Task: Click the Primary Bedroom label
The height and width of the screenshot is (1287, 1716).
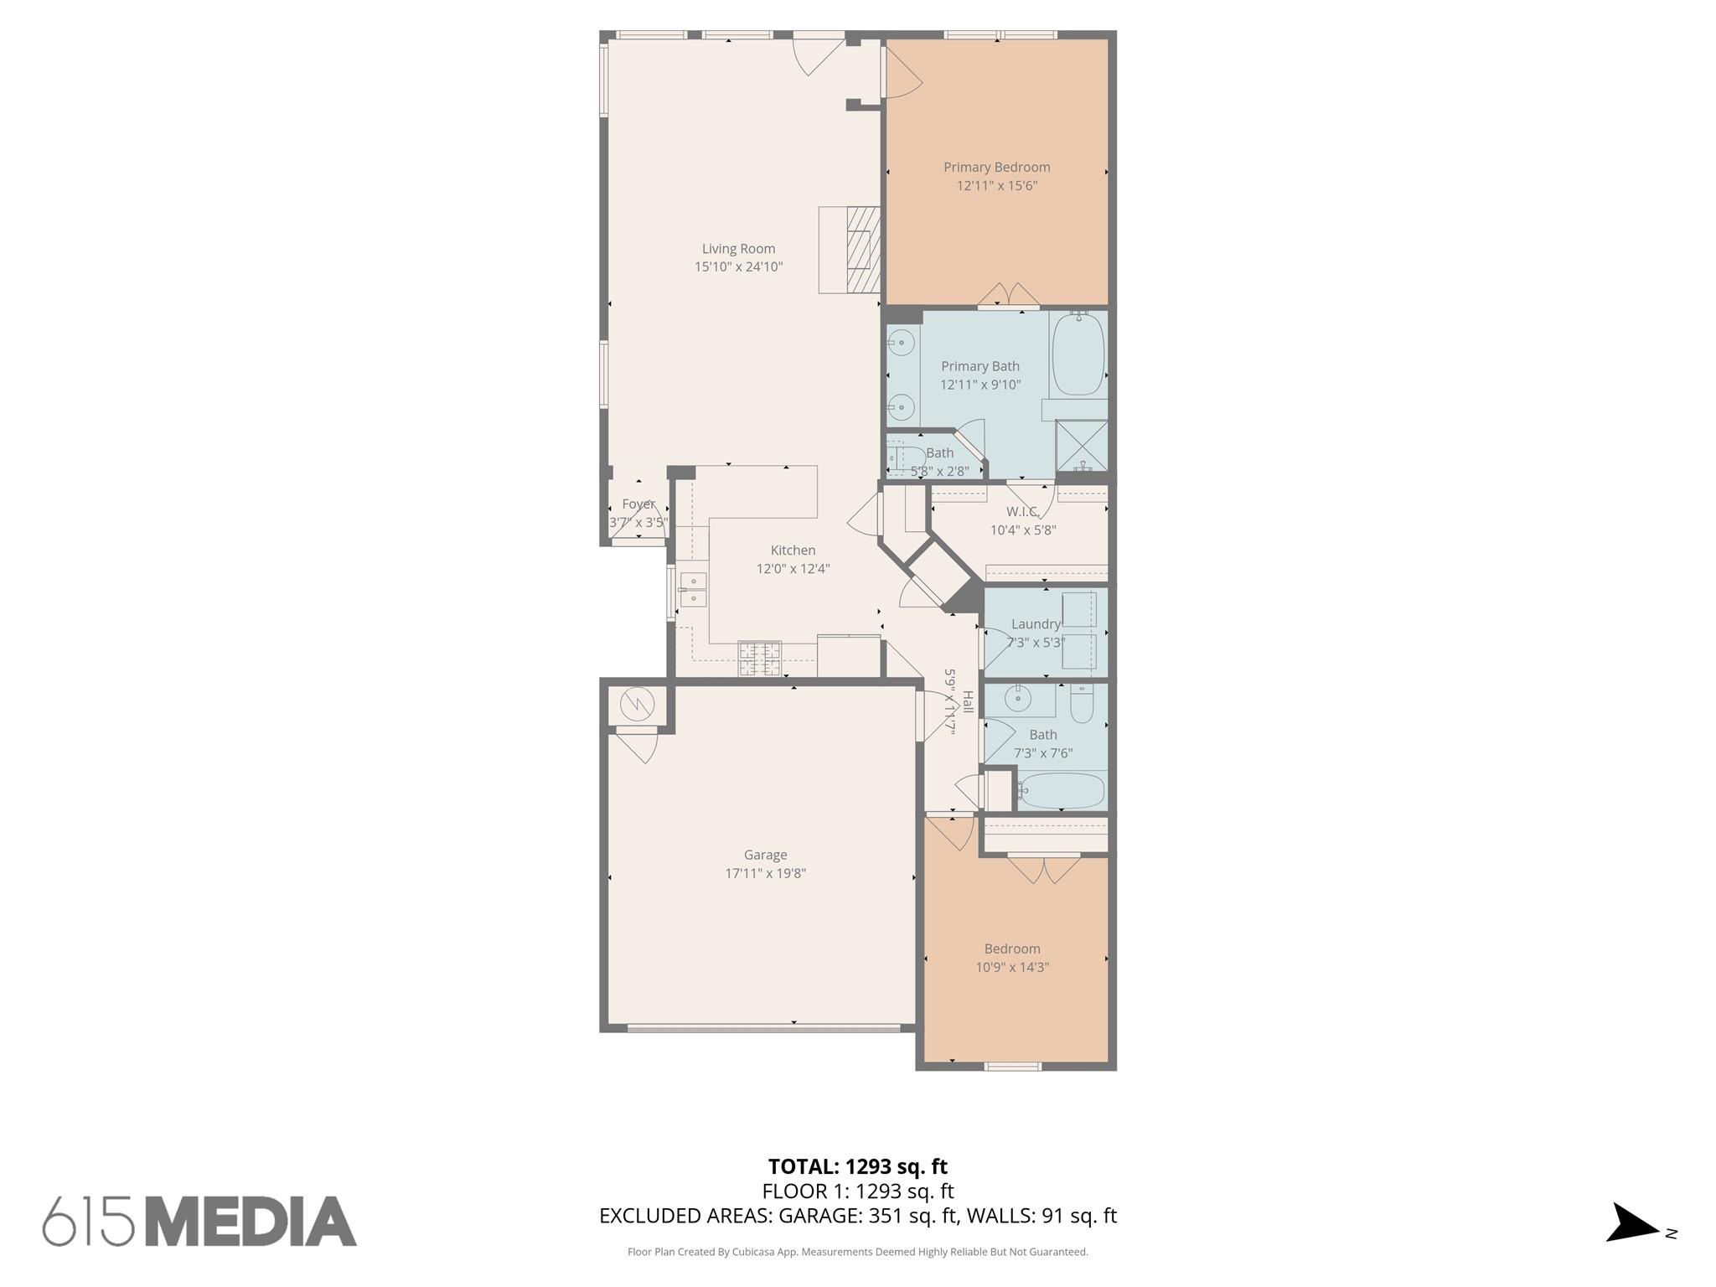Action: point(996,168)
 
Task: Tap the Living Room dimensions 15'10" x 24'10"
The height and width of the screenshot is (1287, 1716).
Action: point(738,267)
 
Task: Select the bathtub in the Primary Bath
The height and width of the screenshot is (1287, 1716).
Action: point(1078,354)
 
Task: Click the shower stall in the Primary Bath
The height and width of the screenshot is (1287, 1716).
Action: point(1082,445)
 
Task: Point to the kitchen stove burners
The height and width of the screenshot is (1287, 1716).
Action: point(759,658)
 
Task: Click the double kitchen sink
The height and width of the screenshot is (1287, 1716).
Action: point(693,589)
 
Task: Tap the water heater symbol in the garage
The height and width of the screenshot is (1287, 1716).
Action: point(637,705)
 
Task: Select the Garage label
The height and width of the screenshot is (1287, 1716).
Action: point(765,855)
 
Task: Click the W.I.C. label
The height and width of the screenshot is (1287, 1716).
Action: point(1022,512)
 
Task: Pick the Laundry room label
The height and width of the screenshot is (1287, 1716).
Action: point(1036,624)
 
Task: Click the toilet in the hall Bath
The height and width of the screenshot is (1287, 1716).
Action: point(1082,704)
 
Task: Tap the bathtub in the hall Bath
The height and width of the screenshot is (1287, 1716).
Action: point(1062,790)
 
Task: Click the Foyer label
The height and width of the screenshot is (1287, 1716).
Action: point(638,504)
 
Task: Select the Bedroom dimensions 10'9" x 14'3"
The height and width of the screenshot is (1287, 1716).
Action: point(1012,968)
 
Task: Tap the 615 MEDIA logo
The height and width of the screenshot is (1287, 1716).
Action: point(199,1222)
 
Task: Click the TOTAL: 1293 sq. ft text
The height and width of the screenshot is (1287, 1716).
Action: point(857,1166)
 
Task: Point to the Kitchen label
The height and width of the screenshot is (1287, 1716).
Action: point(793,550)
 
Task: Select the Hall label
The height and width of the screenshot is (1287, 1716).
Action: point(968,702)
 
